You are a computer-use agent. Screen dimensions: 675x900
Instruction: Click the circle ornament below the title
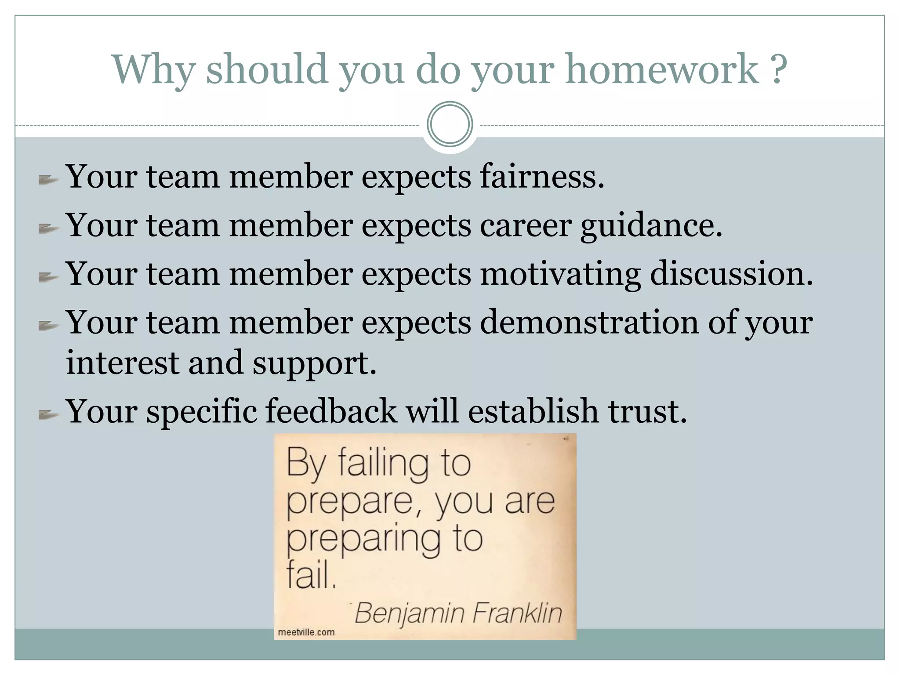click(450, 124)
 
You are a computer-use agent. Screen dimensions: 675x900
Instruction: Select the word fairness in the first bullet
click(541, 177)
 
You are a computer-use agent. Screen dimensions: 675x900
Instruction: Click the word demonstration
click(589, 322)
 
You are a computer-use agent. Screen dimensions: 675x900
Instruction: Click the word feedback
click(331, 411)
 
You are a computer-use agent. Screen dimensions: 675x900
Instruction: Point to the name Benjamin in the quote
click(410, 613)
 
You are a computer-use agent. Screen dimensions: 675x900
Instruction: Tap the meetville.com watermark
click(306, 632)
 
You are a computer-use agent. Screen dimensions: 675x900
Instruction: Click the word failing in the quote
click(383, 464)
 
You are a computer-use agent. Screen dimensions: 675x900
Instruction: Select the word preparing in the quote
click(363, 540)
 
